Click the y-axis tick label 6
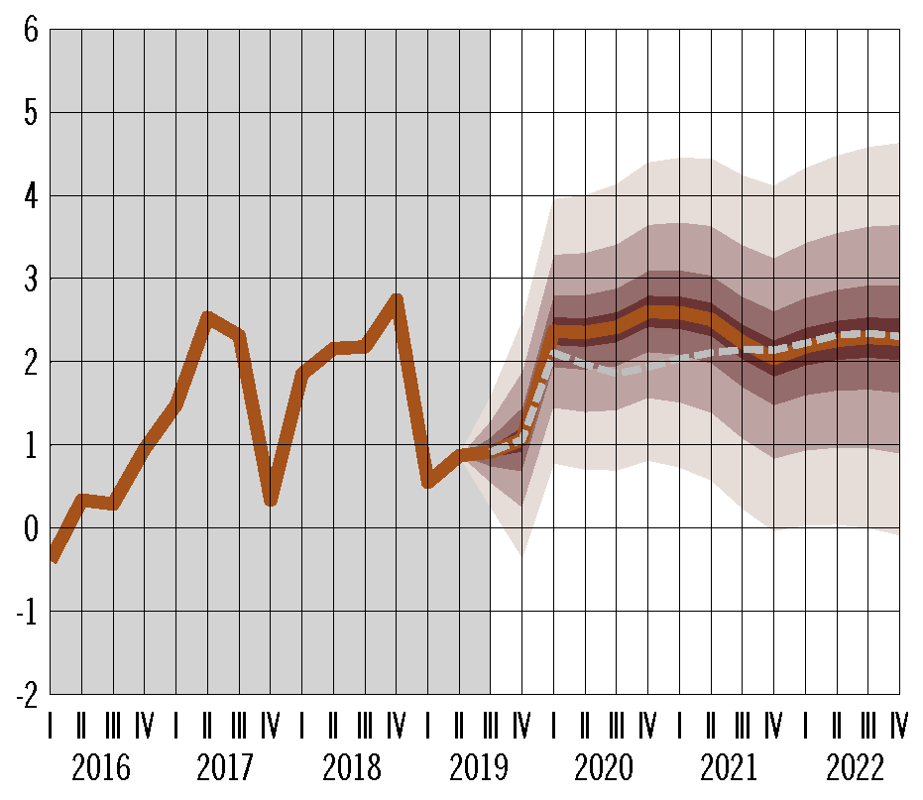(x=31, y=31)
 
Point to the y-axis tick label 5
(x=31, y=114)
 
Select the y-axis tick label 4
(x=31, y=196)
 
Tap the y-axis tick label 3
(x=31, y=280)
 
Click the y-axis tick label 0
(x=31, y=528)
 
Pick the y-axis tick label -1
(x=27, y=612)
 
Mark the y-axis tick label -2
(x=27, y=694)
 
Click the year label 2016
(x=100, y=768)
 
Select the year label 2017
(x=226, y=768)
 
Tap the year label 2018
(x=351, y=768)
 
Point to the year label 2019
(x=477, y=768)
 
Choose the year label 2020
(x=603, y=768)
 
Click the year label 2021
(x=729, y=768)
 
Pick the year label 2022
(x=854, y=768)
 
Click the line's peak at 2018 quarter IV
(x=397, y=297)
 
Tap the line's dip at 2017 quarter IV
(x=271, y=501)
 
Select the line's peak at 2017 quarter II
(x=207, y=317)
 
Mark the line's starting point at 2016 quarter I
(x=52, y=557)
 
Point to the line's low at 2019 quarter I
(x=428, y=483)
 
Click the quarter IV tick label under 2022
(x=900, y=728)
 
